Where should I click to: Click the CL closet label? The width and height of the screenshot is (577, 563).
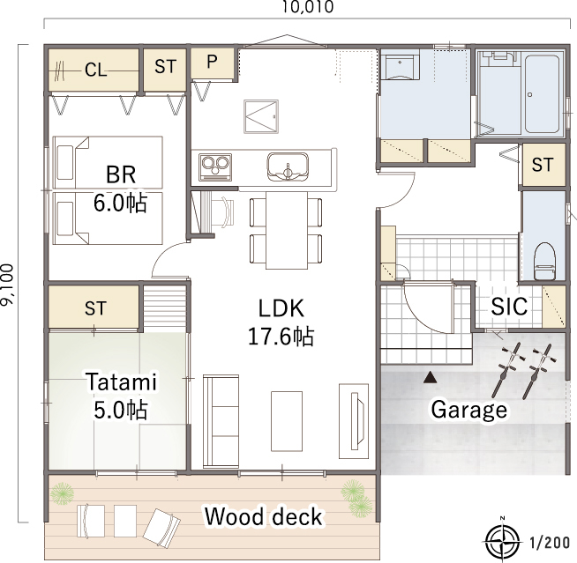95,70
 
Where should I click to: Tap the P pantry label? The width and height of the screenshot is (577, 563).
212,62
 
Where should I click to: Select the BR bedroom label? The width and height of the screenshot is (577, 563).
121,175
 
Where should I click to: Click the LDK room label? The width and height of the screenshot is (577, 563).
281,308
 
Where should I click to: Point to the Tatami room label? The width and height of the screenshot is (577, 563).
122,382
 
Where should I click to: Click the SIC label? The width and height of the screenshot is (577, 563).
509,306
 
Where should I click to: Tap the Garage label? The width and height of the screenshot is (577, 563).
468,410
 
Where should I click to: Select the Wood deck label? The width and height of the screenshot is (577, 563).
264,516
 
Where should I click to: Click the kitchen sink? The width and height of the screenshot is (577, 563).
288,167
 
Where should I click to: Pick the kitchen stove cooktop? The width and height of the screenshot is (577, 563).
215,167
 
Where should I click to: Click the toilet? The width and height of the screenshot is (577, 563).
544,261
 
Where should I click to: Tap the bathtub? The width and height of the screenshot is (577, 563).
542,94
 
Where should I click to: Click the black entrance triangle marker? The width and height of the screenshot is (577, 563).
430,377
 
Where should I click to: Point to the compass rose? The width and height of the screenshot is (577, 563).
503,541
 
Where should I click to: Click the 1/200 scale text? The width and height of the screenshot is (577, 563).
550,543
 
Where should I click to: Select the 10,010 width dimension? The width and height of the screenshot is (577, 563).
308,7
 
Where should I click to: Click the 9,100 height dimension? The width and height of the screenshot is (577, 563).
7,284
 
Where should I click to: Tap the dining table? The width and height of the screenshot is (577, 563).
287,231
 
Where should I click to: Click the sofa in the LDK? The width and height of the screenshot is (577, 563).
221,421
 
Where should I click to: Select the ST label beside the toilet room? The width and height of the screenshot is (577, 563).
543,164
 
